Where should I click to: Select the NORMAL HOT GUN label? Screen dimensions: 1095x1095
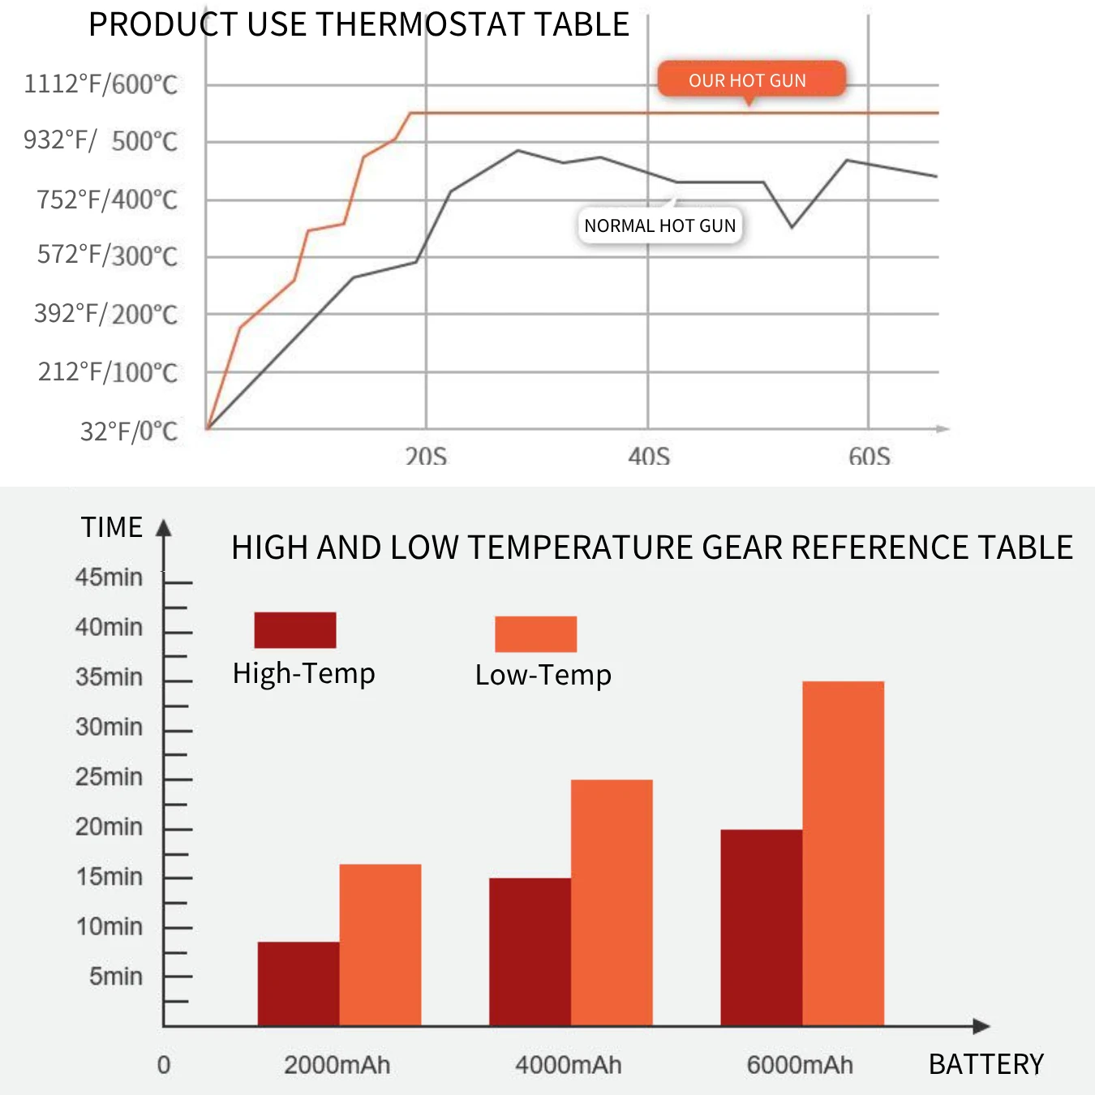[x=659, y=225]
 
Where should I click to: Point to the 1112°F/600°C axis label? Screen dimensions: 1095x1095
[x=101, y=84]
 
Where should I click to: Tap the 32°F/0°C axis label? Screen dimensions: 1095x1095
[x=128, y=432]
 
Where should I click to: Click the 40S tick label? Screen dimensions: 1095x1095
[x=649, y=457]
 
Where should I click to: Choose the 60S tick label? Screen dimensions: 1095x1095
[x=870, y=457]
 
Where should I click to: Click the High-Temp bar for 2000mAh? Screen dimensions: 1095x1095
[x=298, y=983]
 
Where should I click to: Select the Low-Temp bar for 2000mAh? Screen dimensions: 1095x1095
[x=380, y=945]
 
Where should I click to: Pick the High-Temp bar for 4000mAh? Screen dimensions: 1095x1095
[x=530, y=951]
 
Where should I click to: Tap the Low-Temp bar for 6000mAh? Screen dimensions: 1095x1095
[x=843, y=853]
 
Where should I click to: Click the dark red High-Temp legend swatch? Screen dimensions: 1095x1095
[x=295, y=630]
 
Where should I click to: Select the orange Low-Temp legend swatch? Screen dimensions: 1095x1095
[x=535, y=633]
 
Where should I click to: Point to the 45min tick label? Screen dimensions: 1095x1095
[x=109, y=578]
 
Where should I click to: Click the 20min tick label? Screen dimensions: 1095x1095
[x=109, y=827]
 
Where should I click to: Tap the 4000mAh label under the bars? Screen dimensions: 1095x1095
[x=569, y=1065]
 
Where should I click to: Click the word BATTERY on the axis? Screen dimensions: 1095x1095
[x=986, y=1064]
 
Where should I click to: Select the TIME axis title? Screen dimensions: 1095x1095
[x=112, y=527]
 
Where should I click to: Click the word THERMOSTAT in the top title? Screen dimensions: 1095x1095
[x=421, y=24]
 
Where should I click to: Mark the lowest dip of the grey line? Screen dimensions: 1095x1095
[x=792, y=226]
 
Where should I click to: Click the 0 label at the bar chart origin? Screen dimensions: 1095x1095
[x=164, y=1065]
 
